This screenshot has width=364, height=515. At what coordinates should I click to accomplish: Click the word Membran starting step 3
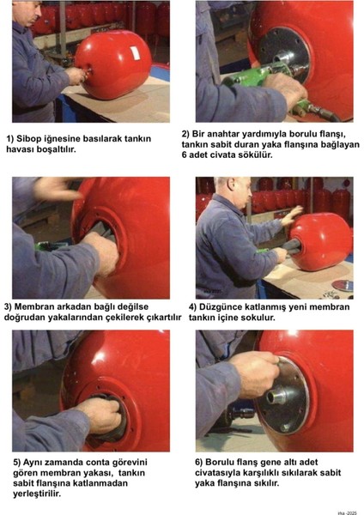click(x=33, y=306)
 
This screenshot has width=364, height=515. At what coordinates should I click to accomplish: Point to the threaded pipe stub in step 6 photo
click(x=278, y=397)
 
